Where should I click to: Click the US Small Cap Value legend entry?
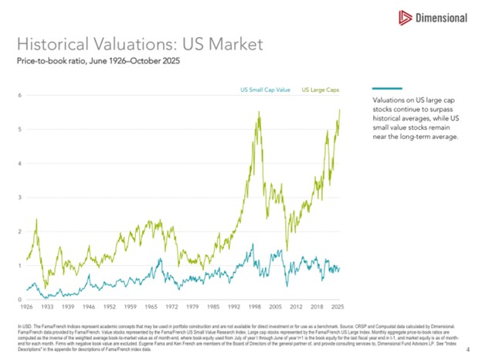coord(265,90)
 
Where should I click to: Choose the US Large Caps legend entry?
coord(320,90)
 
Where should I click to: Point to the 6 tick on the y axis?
coord(19,95)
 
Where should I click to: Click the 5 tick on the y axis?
coord(19,129)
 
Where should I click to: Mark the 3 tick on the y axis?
coord(19,197)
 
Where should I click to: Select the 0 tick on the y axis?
coord(19,299)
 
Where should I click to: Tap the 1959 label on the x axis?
coord(131,307)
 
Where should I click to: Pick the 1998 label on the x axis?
coord(256,307)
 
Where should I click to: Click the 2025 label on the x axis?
coord(337,307)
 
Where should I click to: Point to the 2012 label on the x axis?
coord(297,307)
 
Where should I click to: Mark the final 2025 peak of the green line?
coord(340,110)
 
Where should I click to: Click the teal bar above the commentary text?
coord(387,88)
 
